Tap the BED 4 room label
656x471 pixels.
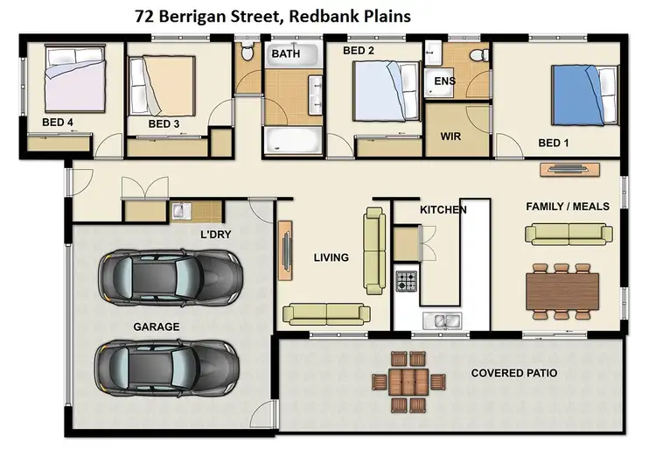(x=58, y=123)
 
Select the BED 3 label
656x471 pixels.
(x=164, y=124)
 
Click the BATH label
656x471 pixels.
(x=286, y=54)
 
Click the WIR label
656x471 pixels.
(x=450, y=137)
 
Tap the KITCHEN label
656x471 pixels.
(x=443, y=210)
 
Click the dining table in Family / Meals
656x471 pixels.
(x=563, y=289)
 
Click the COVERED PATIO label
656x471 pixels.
(x=513, y=373)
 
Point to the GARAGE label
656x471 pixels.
(x=157, y=327)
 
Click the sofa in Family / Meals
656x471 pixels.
(x=569, y=233)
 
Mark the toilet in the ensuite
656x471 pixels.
(x=478, y=54)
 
